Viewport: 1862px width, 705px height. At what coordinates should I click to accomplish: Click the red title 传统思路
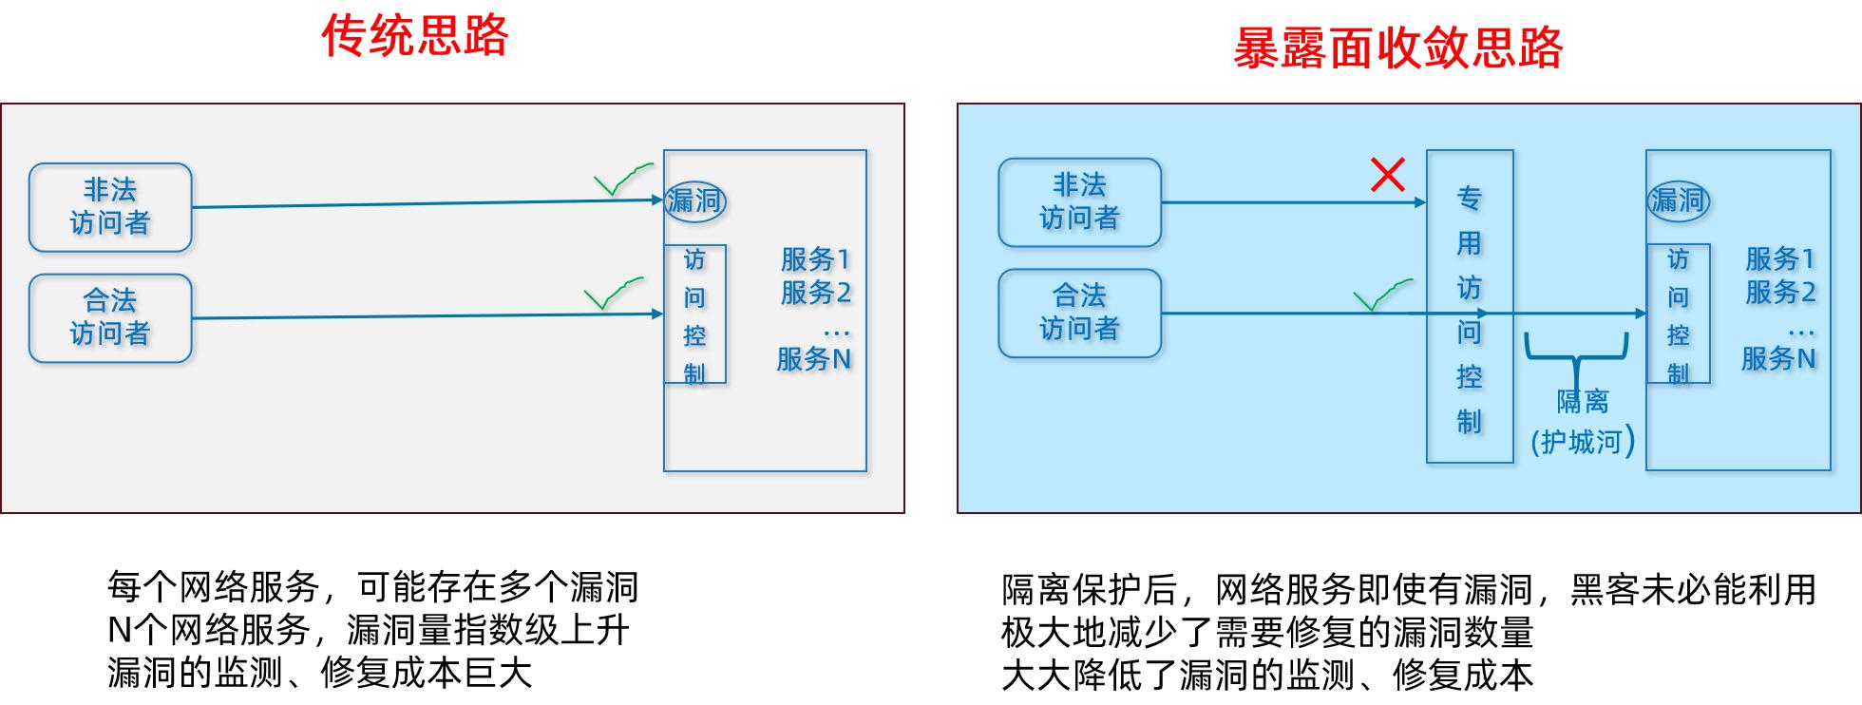point(415,36)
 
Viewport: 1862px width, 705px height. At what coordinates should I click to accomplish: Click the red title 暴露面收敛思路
point(1397,48)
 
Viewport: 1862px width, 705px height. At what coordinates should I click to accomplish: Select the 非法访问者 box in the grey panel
point(110,207)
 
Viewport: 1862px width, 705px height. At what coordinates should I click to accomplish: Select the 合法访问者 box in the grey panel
point(110,318)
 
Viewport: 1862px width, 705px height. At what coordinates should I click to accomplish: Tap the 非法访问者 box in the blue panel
point(1079,202)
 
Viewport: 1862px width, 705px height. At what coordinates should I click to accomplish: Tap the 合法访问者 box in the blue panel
point(1079,313)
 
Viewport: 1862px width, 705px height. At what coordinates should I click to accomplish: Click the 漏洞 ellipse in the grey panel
point(694,201)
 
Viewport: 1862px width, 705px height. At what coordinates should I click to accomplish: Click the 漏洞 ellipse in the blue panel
point(1678,200)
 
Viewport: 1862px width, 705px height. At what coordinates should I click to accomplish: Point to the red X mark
point(1388,175)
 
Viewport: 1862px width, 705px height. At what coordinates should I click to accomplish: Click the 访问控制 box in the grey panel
point(694,314)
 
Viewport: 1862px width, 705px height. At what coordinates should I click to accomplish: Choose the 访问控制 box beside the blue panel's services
point(1678,314)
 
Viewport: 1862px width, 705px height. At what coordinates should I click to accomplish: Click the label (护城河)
point(1583,442)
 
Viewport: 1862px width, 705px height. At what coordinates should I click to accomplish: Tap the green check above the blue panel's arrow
point(1381,295)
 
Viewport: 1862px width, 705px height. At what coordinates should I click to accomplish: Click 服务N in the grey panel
point(813,359)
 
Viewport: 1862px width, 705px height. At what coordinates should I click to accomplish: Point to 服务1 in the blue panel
point(1779,258)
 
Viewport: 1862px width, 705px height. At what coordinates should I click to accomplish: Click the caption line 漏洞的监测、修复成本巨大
point(319,673)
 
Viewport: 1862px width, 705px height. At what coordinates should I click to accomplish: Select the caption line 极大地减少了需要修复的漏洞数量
point(1267,632)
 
